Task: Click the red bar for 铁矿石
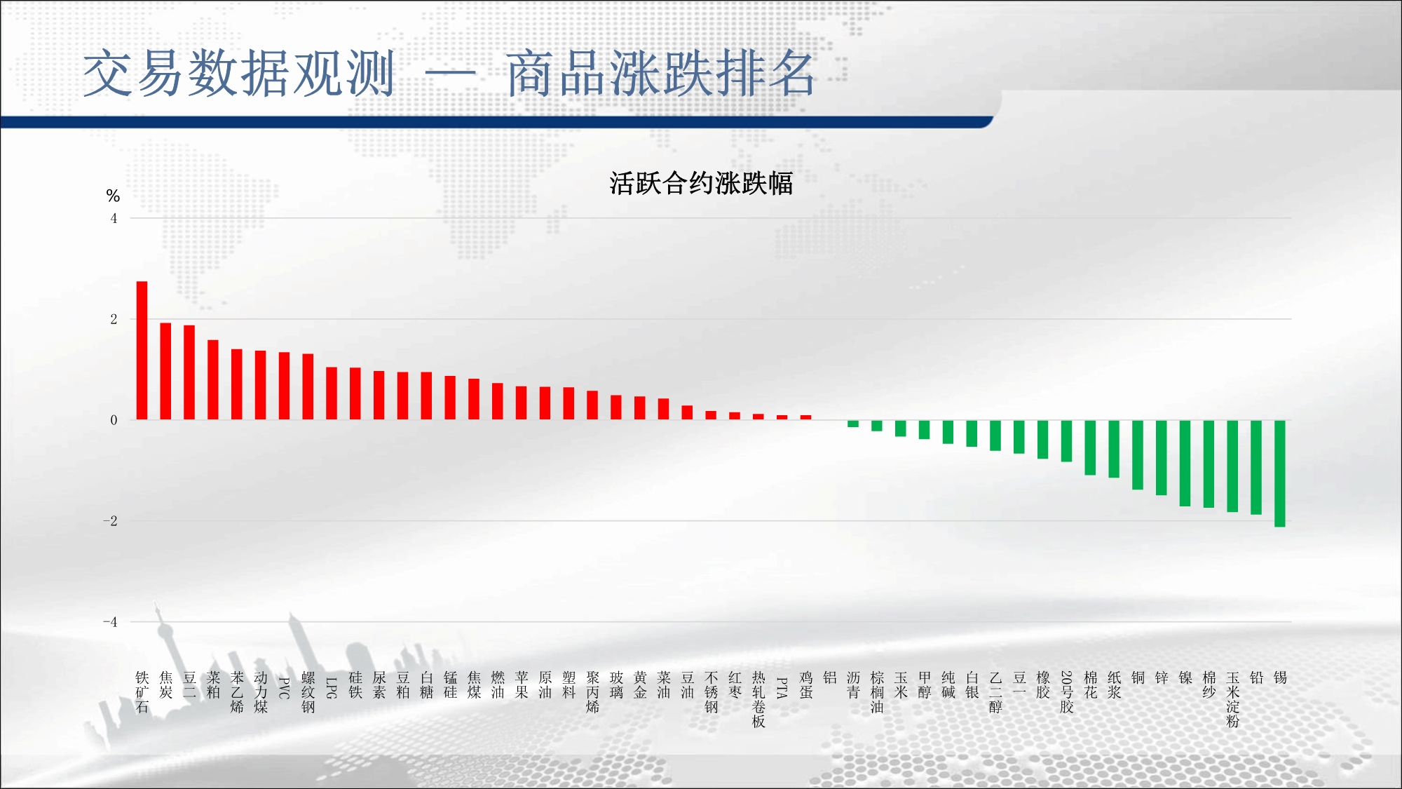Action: pyautogui.click(x=142, y=351)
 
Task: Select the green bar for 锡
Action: pyautogui.click(x=1280, y=473)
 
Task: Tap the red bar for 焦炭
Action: pyautogui.click(x=165, y=371)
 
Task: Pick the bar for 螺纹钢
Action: pyautogui.click(x=308, y=386)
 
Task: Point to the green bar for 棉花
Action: pyautogui.click(x=1090, y=447)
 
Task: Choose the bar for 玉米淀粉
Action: pyautogui.click(x=1232, y=466)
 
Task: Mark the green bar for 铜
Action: pyautogui.click(x=1138, y=454)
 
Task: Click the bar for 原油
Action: pyautogui.click(x=545, y=403)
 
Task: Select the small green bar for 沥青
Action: pyautogui.click(x=853, y=424)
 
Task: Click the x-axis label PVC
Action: pyautogui.click(x=284, y=688)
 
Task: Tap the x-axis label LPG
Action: pyautogui.click(x=332, y=688)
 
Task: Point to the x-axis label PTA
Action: pyautogui.click(x=782, y=688)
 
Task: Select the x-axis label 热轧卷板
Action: pyautogui.click(x=758, y=699)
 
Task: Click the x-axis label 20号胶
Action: pyautogui.click(x=1066, y=692)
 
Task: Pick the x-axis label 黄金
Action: pyautogui.click(x=640, y=685)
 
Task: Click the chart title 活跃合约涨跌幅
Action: pyautogui.click(x=701, y=184)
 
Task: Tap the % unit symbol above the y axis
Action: pyautogui.click(x=113, y=196)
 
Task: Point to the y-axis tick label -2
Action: pyautogui.click(x=110, y=521)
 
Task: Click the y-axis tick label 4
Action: pyautogui.click(x=114, y=218)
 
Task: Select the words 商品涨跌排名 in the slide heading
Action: pyautogui.click(x=661, y=74)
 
